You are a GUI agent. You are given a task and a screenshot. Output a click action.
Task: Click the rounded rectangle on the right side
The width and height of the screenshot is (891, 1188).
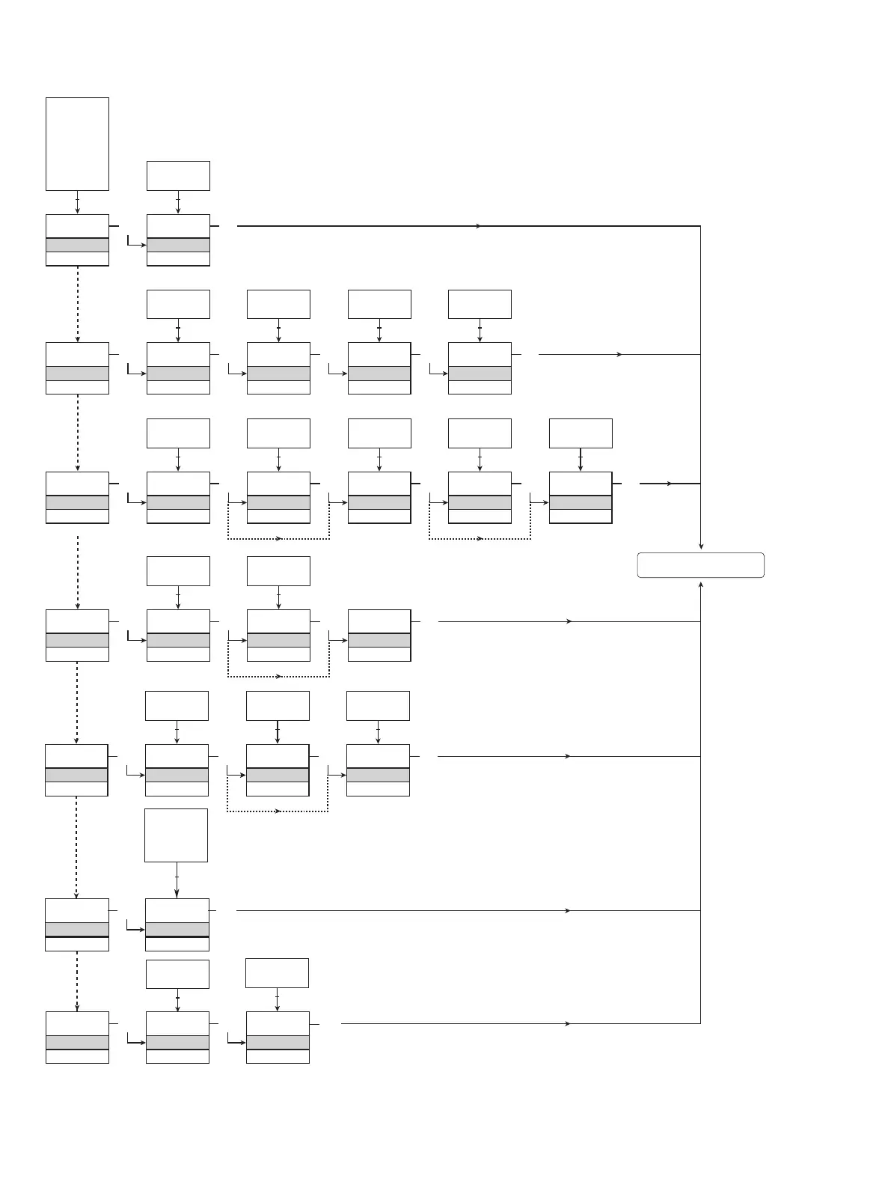pyautogui.click(x=700, y=565)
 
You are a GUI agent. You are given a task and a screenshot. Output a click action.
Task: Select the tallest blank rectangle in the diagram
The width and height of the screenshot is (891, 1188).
pyautogui.click(x=77, y=144)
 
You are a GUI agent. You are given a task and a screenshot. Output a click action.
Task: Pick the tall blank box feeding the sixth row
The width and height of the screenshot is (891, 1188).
pyautogui.click(x=176, y=835)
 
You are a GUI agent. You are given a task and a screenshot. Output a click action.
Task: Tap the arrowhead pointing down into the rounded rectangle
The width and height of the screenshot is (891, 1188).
pyautogui.click(x=700, y=546)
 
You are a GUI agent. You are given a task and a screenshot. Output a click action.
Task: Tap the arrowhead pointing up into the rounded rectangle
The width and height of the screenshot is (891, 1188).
pyautogui.click(x=700, y=583)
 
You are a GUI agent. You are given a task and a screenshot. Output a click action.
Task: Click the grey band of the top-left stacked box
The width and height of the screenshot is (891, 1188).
pyautogui.click(x=77, y=245)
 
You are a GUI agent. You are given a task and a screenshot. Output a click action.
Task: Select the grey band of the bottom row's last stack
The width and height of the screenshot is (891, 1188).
pyautogui.click(x=278, y=1042)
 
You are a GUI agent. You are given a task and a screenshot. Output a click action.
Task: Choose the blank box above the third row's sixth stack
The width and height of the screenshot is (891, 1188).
pyautogui.click(x=581, y=433)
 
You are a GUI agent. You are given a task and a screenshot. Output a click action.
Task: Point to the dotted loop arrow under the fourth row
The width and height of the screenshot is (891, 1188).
pyautogui.click(x=278, y=677)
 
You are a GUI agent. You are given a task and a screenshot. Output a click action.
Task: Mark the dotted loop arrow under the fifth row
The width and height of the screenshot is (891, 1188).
pyautogui.click(x=278, y=811)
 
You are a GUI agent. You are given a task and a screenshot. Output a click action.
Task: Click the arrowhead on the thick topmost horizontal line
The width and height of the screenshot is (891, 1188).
pyautogui.click(x=479, y=225)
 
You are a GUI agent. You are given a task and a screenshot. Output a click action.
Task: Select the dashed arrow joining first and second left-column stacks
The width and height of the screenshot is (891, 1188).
pyautogui.click(x=77, y=303)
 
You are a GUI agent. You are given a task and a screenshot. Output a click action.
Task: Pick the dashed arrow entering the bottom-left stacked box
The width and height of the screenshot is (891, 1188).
pyautogui.click(x=77, y=981)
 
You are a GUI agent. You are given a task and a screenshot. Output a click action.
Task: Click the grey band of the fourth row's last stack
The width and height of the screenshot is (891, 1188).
pyautogui.click(x=379, y=640)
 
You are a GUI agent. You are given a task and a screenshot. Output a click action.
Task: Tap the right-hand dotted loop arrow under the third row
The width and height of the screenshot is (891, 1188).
pyautogui.click(x=480, y=539)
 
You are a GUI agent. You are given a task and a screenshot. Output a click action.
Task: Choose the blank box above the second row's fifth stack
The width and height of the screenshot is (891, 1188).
pyautogui.click(x=480, y=305)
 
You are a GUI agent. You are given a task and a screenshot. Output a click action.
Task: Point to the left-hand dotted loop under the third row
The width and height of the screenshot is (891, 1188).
pyautogui.click(x=278, y=539)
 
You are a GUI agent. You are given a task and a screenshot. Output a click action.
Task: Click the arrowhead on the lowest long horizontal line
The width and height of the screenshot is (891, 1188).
pyautogui.click(x=569, y=1023)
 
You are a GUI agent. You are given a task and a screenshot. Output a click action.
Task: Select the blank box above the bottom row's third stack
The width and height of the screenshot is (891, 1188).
pyautogui.click(x=277, y=972)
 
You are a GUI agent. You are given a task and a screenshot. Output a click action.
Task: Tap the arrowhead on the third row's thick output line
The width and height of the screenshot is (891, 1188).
pyautogui.click(x=670, y=484)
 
